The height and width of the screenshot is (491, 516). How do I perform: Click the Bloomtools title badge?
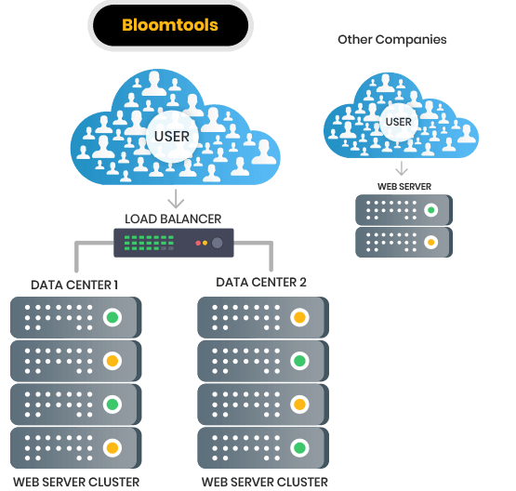[x=170, y=25]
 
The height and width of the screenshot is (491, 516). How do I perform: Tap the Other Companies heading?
[x=391, y=40]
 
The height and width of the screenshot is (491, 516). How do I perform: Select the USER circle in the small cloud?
[x=398, y=122]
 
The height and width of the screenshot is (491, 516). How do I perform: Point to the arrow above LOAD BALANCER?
[x=174, y=198]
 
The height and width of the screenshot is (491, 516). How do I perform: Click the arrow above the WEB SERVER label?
[x=402, y=168]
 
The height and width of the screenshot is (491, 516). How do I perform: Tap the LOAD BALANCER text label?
[x=174, y=219]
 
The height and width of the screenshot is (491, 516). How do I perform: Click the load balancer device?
[x=174, y=244]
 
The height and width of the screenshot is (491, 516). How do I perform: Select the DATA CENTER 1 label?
[x=74, y=284]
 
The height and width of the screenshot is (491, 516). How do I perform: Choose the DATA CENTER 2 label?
[x=261, y=282]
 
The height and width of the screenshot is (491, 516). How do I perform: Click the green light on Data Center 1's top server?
[x=112, y=318]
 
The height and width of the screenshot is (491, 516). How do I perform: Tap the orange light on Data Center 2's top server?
[x=299, y=318]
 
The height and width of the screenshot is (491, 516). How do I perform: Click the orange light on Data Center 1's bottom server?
[x=112, y=446]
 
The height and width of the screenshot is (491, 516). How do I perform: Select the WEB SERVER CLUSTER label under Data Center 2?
[x=265, y=482]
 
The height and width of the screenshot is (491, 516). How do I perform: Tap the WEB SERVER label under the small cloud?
[x=404, y=186]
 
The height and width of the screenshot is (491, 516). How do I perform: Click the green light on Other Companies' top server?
[x=430, y=209]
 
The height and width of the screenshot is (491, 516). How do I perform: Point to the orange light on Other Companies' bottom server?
[x=430, y=243]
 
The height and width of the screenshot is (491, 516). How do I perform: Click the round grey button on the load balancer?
[x=218, y=244]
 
